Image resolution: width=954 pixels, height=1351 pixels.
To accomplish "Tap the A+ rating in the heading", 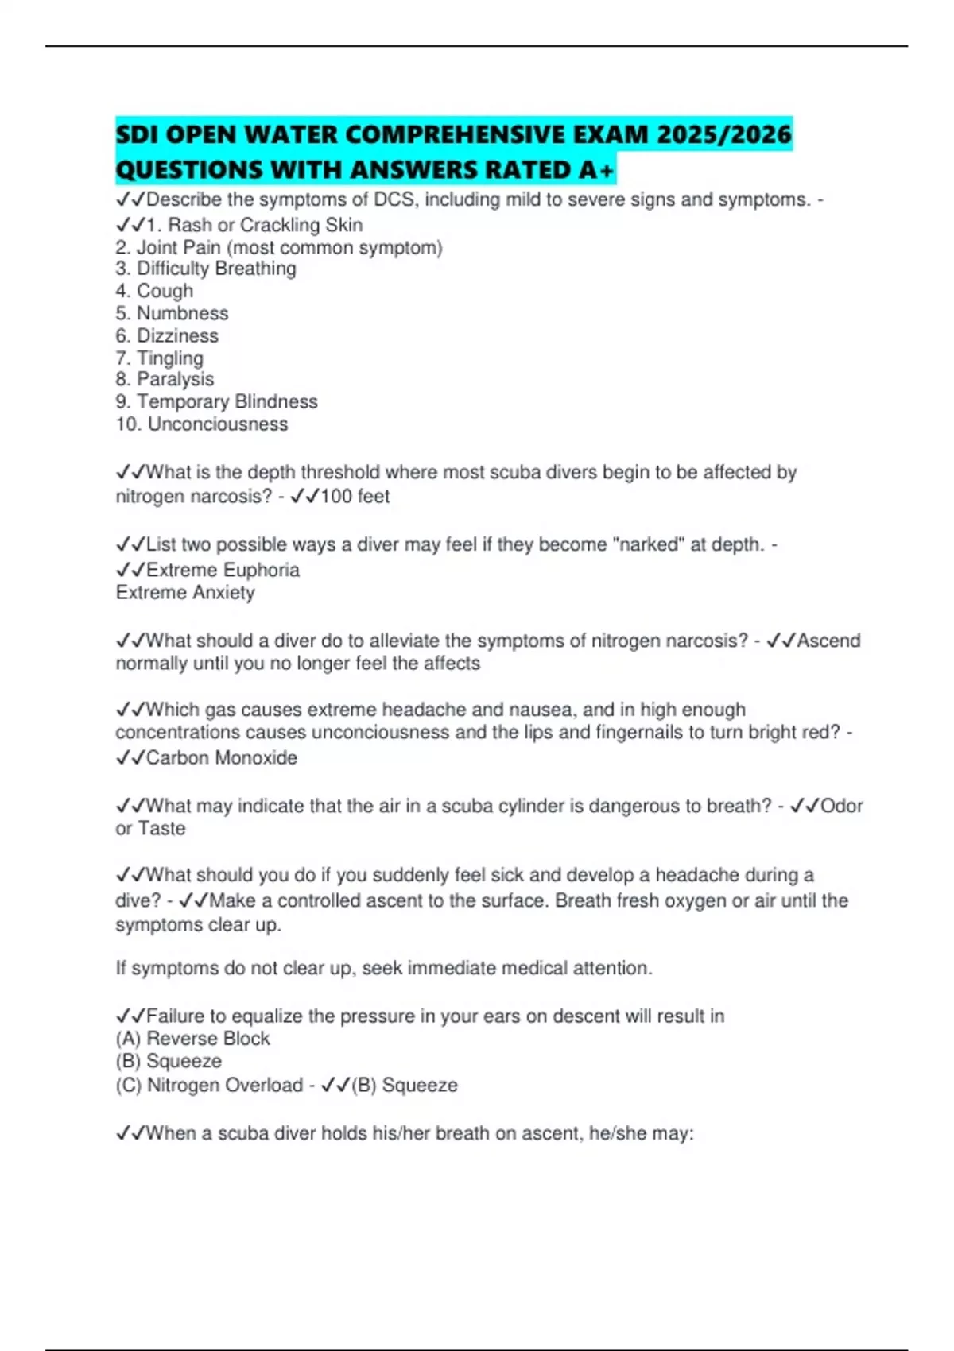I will [596, 169].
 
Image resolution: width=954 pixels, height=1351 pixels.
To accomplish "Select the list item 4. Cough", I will [154, 291].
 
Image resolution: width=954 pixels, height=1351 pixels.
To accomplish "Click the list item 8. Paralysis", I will [165, 379].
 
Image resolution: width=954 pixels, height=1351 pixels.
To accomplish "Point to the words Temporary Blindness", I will [227, 401].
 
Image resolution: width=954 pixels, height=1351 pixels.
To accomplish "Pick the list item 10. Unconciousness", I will [202, 424].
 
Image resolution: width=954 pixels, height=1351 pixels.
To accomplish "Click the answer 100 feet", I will [355, 497].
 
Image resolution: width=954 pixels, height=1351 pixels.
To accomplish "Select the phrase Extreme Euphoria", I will [223, 570].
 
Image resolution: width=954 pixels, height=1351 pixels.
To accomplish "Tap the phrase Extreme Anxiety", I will [185, 592].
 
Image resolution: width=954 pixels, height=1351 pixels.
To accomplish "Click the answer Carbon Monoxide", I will [221, 757].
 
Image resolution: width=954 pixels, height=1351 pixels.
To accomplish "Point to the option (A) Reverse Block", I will [193, 1039].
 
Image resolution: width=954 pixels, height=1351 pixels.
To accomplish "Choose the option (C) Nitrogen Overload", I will [209, 1085].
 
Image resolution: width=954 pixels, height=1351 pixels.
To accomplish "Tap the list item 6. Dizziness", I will [167, 335].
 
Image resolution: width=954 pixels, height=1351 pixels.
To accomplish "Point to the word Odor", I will [841, 806].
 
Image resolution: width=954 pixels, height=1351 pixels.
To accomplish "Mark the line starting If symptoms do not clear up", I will [383, 968].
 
